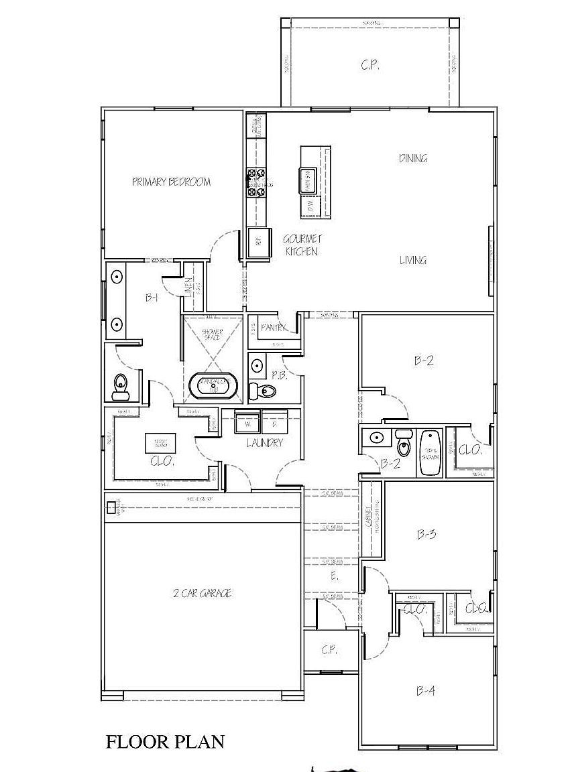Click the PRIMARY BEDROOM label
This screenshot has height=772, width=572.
pyautogui.click(x=171, y=182)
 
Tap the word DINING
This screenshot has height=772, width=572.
pyautogui.click(x=413, y=159)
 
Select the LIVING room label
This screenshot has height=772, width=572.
pyautogui.click(x=413, y=260)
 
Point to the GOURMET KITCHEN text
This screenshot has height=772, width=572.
pyautogui.click(x=301, y=245)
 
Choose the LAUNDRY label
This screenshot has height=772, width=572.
pyautogui.click(x=264, y=443)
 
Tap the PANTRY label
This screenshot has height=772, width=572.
pyautogui.click(x=274, y=328)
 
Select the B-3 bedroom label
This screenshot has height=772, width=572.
pyautogui.click(x=426, y=534)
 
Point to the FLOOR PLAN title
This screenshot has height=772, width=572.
pyautogui.click(x=165, y=742)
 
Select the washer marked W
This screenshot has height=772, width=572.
pyautogui.click(x=247, y=424)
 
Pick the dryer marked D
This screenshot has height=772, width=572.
pyautogui.click(x=274, y=424)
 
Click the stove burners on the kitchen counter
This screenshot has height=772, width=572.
pyautogui.click(x=256, y=183)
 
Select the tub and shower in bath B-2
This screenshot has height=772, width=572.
pyautogui.click(x=429, y=453)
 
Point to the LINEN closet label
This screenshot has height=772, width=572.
pyautogui.click(x=190, y=287)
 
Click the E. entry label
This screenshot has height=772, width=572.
pyautogui.click(x=334, y=576)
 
